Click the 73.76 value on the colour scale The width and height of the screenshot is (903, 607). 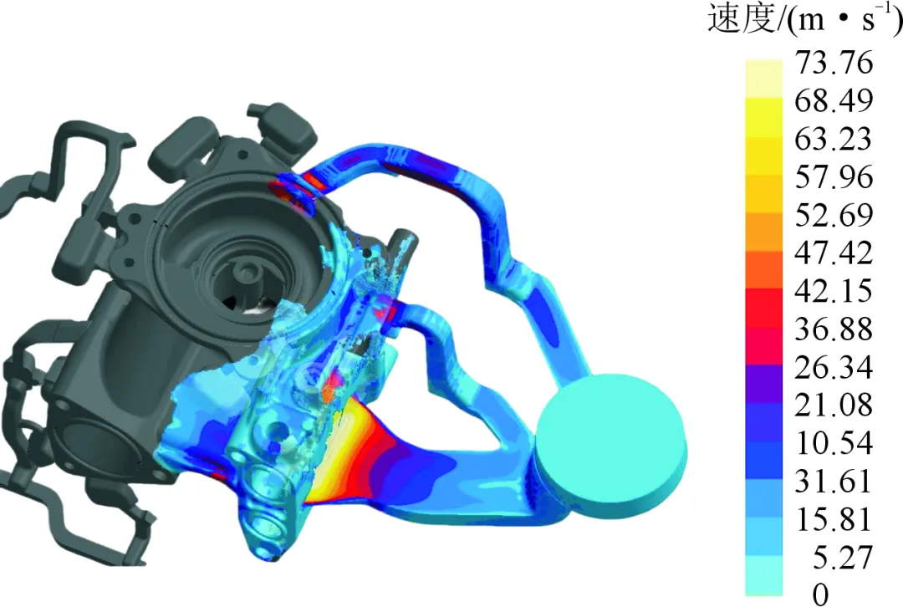point(834,62)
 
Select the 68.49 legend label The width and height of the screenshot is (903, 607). point(834,100)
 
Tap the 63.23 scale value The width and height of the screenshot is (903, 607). point(834,138)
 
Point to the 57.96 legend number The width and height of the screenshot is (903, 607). point(834,176)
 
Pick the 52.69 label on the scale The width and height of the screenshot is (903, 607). point(834,214)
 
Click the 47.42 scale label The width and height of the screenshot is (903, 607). point(834,252)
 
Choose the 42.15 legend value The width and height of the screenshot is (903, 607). point(834,290)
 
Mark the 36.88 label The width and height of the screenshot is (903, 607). point(834,329)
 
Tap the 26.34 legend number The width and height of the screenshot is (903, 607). point(834,366)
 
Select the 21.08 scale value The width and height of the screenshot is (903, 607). point(834,405)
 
